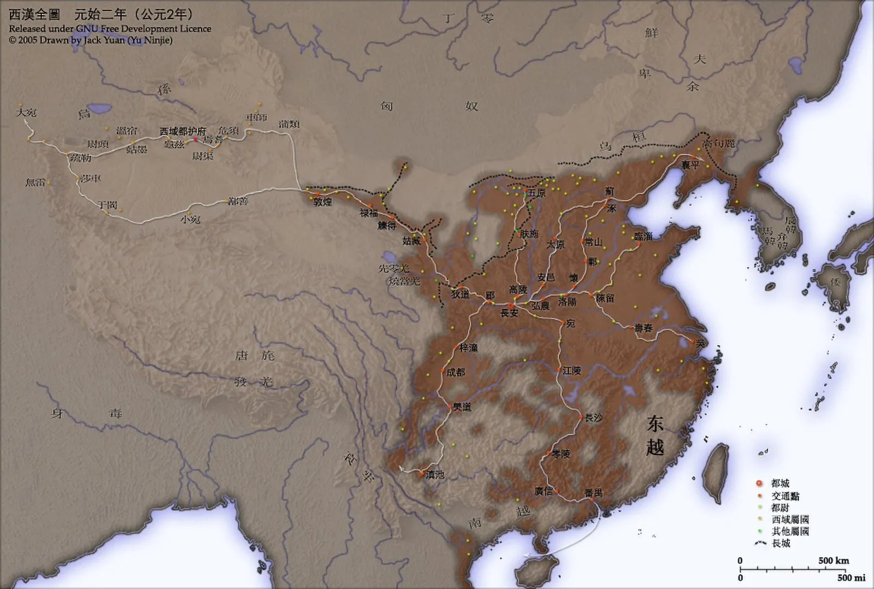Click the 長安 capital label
pyautogui.click(x=509, y=313)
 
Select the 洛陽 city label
pyautogui.click(x=568, y=302)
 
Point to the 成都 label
pyautogui.click(x=456, y=372)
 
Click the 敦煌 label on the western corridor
pyautogui.click(x=323, y=202)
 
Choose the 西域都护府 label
pyautogui.click(x=182, y=132)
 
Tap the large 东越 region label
pyautogui.click(x=655, y=435)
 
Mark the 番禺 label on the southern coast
pyautogui.click(x=593, y=493)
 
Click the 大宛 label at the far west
pyautogui.click(x=26, y=113)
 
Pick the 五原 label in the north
pyautogui.click(x=536, y=193)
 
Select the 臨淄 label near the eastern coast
pyautogui.click(x=643, y=237)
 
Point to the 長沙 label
pyautogui.click(x=593, y=418)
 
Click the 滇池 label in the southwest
pyautogui.click(x=435, y=475)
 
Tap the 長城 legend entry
pyautogui.click(x=781, y=543)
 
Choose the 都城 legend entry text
pyautogui.click(x=780, y=484)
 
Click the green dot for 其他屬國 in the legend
pyautogui.click(x=759, y=531)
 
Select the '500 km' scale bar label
pyautogui.click(x=834, y=561)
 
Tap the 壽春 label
pyautogui.click(x=643, y=328)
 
